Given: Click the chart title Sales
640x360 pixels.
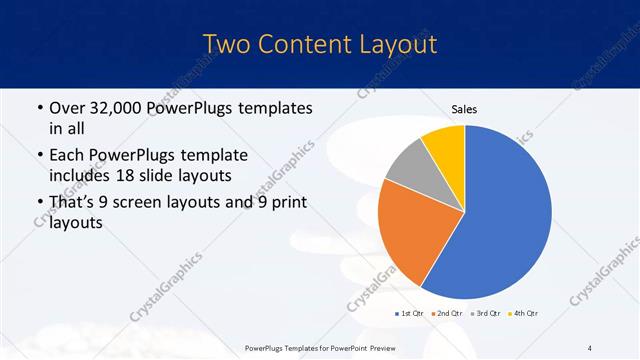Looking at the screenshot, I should click(465, 109).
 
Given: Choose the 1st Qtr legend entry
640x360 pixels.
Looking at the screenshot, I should click(411, 314).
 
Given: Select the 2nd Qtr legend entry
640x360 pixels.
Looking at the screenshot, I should click(446, 314).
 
